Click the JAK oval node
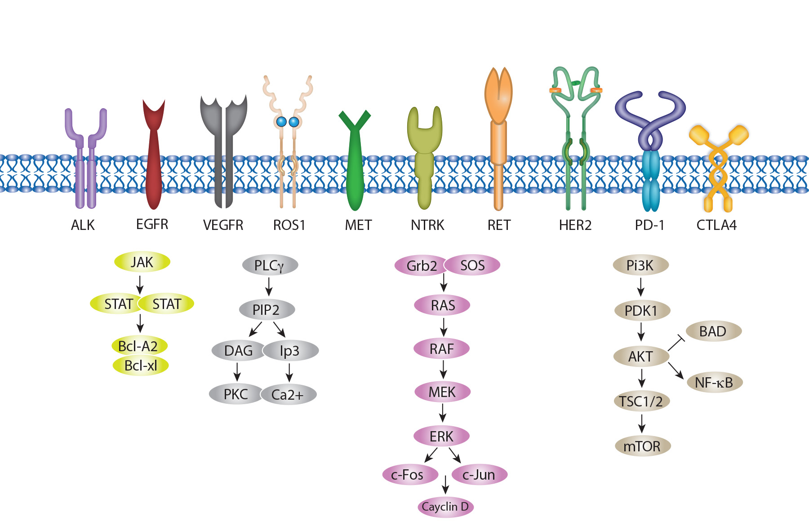[142, 262]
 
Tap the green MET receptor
[355, 171]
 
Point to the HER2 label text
[575, 225]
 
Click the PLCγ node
[270, 265]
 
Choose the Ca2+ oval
[288, 395]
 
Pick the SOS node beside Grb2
[472, 265]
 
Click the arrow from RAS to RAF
[444, 327]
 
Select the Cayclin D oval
[445, 507]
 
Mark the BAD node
[713, 331]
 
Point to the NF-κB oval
[714, 383]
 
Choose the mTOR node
[642, 446]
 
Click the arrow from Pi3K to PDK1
[641, 287]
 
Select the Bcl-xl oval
[141, 366]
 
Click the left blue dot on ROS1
[281, 122]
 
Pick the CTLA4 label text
[716, 225]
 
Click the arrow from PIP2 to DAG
[255, 329]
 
